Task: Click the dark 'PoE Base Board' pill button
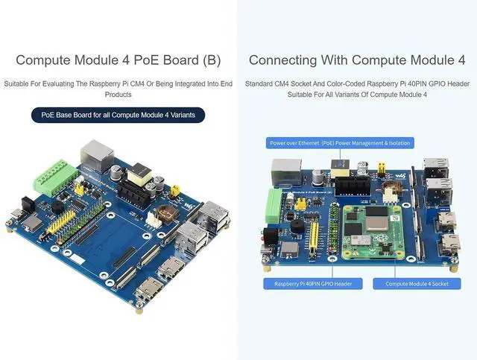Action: [118, 115]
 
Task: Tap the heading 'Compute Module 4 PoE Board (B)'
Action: [118, 60]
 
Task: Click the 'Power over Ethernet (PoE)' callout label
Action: [340, 142]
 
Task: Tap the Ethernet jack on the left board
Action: [97, 154]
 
